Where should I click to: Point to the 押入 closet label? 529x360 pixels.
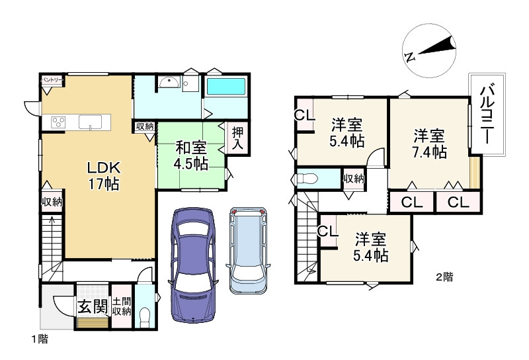coord(237,138)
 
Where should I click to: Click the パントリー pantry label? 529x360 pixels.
coord(52,80)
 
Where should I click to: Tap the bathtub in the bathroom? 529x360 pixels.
coord(225,87)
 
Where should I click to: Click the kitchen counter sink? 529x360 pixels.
coord(89,122)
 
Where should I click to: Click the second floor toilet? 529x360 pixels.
coord(307,179)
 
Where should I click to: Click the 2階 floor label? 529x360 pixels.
coord(444,277)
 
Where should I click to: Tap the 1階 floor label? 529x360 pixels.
coord(39,339)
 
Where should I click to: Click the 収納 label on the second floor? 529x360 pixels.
coord(353,178)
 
